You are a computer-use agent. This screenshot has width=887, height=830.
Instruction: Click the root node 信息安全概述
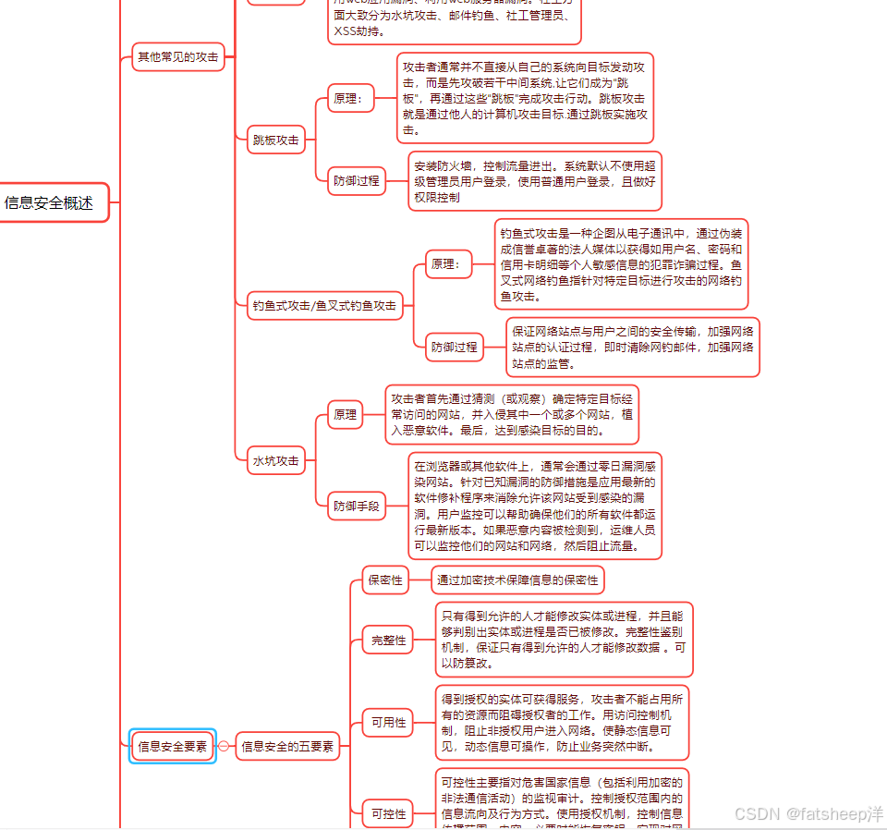50,202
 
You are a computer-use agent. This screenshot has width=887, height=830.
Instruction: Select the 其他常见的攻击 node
178,56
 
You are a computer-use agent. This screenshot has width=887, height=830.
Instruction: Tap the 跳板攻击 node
276,140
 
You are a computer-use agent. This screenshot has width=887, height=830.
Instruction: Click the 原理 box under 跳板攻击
351,98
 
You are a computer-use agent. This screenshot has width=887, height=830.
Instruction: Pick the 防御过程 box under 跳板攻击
357,181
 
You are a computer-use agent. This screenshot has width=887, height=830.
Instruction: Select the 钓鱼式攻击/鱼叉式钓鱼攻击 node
324,305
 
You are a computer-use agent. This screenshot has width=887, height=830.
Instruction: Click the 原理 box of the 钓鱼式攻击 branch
448,264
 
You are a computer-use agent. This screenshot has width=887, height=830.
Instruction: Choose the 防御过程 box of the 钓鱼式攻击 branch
455,348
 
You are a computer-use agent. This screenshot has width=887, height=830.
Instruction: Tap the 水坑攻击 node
276,459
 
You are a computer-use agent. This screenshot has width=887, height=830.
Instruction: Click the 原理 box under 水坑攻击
346,415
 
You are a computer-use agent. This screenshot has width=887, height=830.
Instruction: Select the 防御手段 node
357,506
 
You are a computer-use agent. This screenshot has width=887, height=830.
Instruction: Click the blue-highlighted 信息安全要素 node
172,746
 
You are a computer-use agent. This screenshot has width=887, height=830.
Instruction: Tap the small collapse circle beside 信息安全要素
223,746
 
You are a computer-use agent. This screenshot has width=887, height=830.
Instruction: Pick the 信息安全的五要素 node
287,746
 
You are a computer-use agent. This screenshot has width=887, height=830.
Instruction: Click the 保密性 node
386,580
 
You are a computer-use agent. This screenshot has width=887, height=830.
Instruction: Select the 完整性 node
388,640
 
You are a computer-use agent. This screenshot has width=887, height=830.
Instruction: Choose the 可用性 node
388,723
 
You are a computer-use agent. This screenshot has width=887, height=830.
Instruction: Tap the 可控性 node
388,813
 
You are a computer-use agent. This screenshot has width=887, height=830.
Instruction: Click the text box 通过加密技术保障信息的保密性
517,580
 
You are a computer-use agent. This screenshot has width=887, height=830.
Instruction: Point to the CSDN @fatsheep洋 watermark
808,813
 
